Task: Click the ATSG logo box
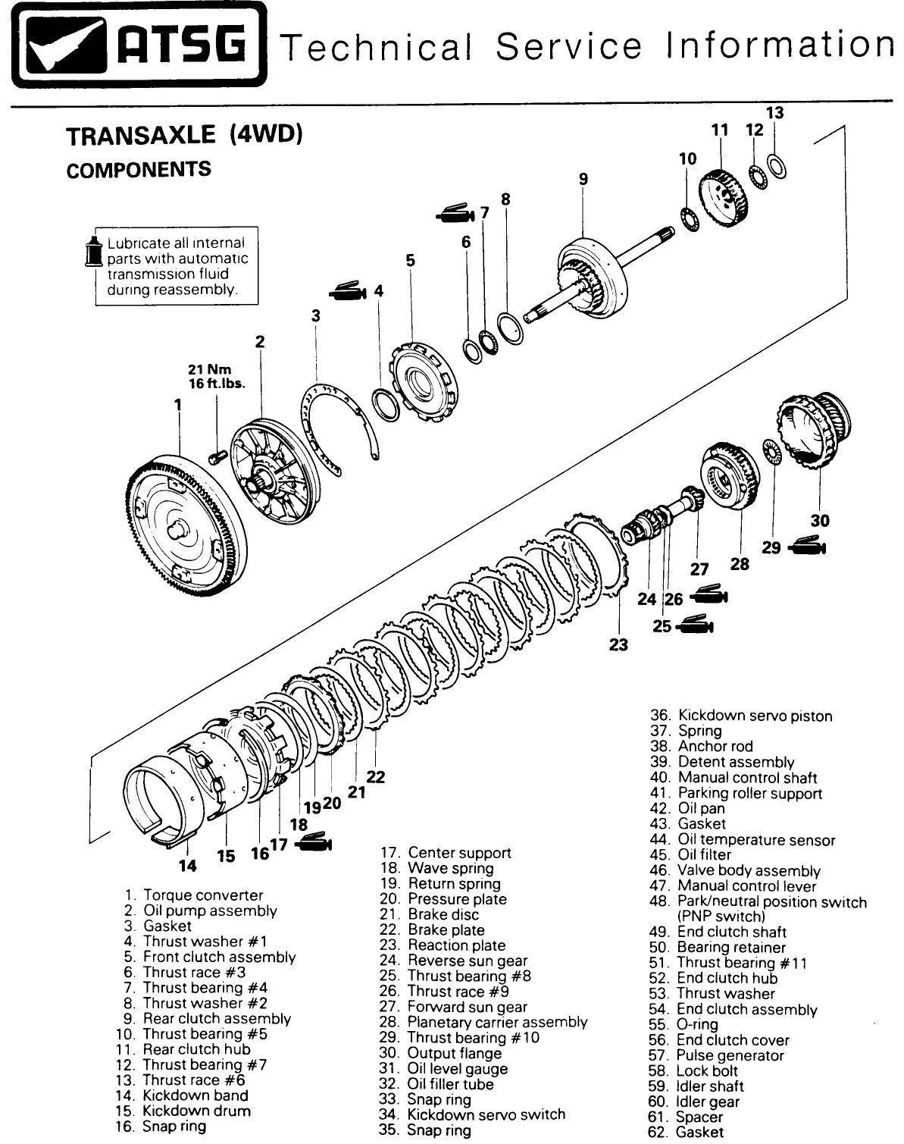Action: pyautogui.click(x=139, y=44)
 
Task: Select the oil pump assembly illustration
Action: pyautogui.click(x=274, y=472)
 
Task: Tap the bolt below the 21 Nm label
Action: pyautogui.click(x=218, y=456)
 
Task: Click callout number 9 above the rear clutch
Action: pyautogui.click(x=583, y=179)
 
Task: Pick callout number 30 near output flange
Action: pyautogui.click(x=819, y=520)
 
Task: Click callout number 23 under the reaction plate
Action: pyautogui.click(x=618, y=645)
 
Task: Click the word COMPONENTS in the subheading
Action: pyautogui.click(x=139, y=170)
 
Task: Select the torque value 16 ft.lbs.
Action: pyautogui.click(x=217, y=384)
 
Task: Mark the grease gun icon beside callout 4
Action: pyautogui.click(x=348, y=291)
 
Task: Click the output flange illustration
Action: pyautogui.click(x=814, y=431)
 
